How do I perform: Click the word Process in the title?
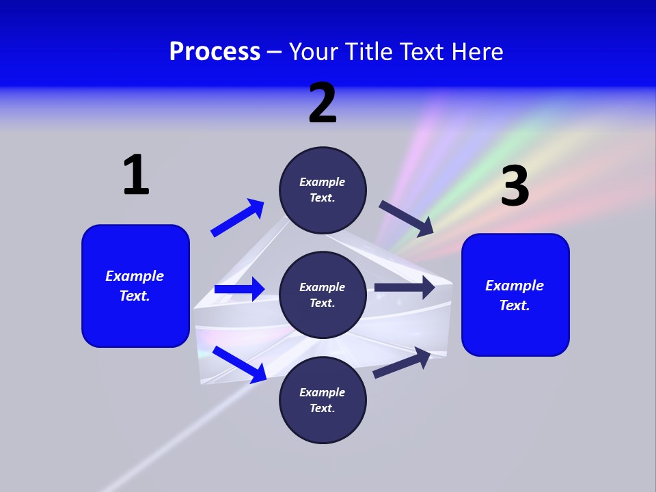tap(215, 52)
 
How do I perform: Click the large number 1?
tap(136, 175)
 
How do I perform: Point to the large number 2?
tap(323, 103)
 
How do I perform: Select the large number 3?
tap(515, 186)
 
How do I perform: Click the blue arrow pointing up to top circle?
tap(238, 218)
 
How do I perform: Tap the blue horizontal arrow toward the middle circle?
tap(239, 289)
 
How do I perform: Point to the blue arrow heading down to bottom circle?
tap(239, 364)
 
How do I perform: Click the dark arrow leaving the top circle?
tap(407, 219)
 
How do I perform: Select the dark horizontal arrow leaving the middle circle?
tap(405, 287)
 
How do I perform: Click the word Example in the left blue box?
tap(135, 276)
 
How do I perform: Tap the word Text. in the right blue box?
tap(515, 305)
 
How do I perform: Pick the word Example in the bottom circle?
tap(323, 392)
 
